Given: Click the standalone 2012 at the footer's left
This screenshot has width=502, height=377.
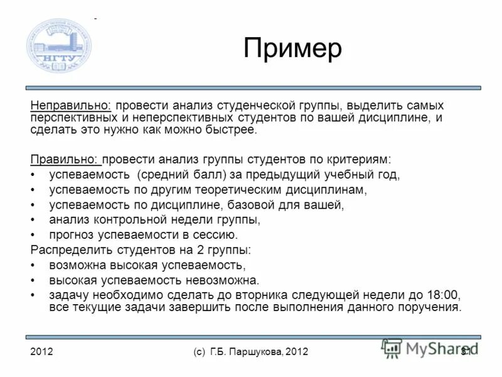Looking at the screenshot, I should pyautogui.click(x=41, y=352).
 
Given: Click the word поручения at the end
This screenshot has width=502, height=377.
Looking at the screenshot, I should pyautogui.click(x=432, y=307).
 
